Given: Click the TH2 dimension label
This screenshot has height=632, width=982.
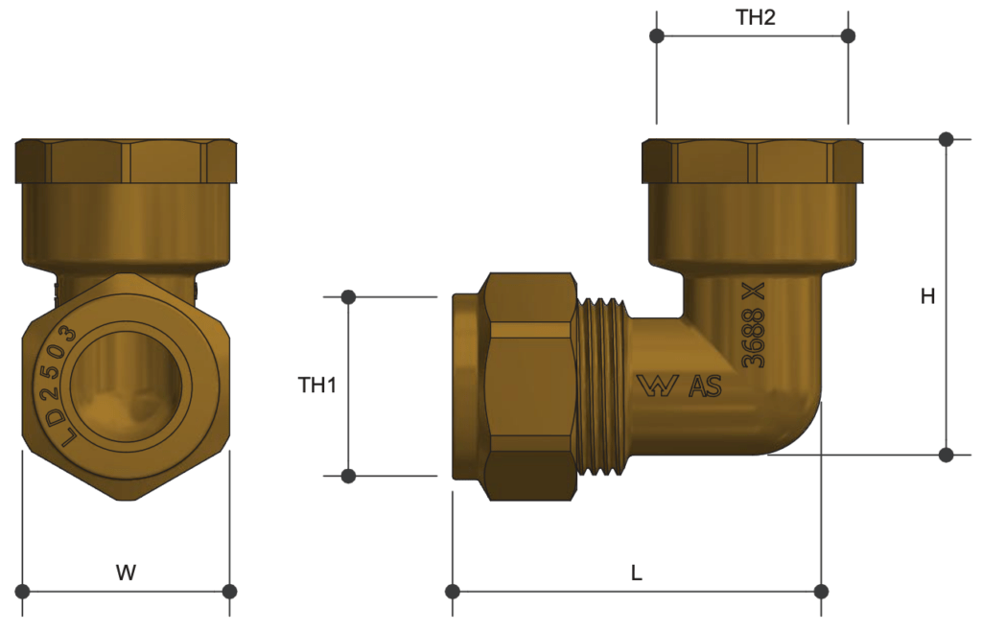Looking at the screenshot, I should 755,18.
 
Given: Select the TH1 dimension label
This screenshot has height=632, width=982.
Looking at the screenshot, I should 317,386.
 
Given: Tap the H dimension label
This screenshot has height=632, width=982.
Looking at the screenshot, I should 927,296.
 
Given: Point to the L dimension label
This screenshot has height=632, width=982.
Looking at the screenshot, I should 636,573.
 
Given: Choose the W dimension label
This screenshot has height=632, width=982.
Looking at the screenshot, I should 126,573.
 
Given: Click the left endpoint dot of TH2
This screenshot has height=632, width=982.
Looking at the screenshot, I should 657,36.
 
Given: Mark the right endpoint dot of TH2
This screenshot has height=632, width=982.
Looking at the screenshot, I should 848,36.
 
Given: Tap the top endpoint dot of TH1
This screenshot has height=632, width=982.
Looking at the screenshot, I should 348,297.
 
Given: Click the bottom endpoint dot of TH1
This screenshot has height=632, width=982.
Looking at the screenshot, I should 348,476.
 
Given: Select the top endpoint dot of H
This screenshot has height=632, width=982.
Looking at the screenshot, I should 947,139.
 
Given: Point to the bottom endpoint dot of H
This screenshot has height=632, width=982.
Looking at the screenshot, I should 947,455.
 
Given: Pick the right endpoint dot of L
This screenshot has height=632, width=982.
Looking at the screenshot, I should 821,590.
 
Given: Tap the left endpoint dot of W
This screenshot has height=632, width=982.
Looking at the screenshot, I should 23,590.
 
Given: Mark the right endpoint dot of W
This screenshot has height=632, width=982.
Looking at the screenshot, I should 229,590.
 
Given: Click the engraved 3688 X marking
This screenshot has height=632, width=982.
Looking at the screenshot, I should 755,327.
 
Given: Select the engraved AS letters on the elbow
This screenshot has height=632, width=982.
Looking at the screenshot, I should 705,386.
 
